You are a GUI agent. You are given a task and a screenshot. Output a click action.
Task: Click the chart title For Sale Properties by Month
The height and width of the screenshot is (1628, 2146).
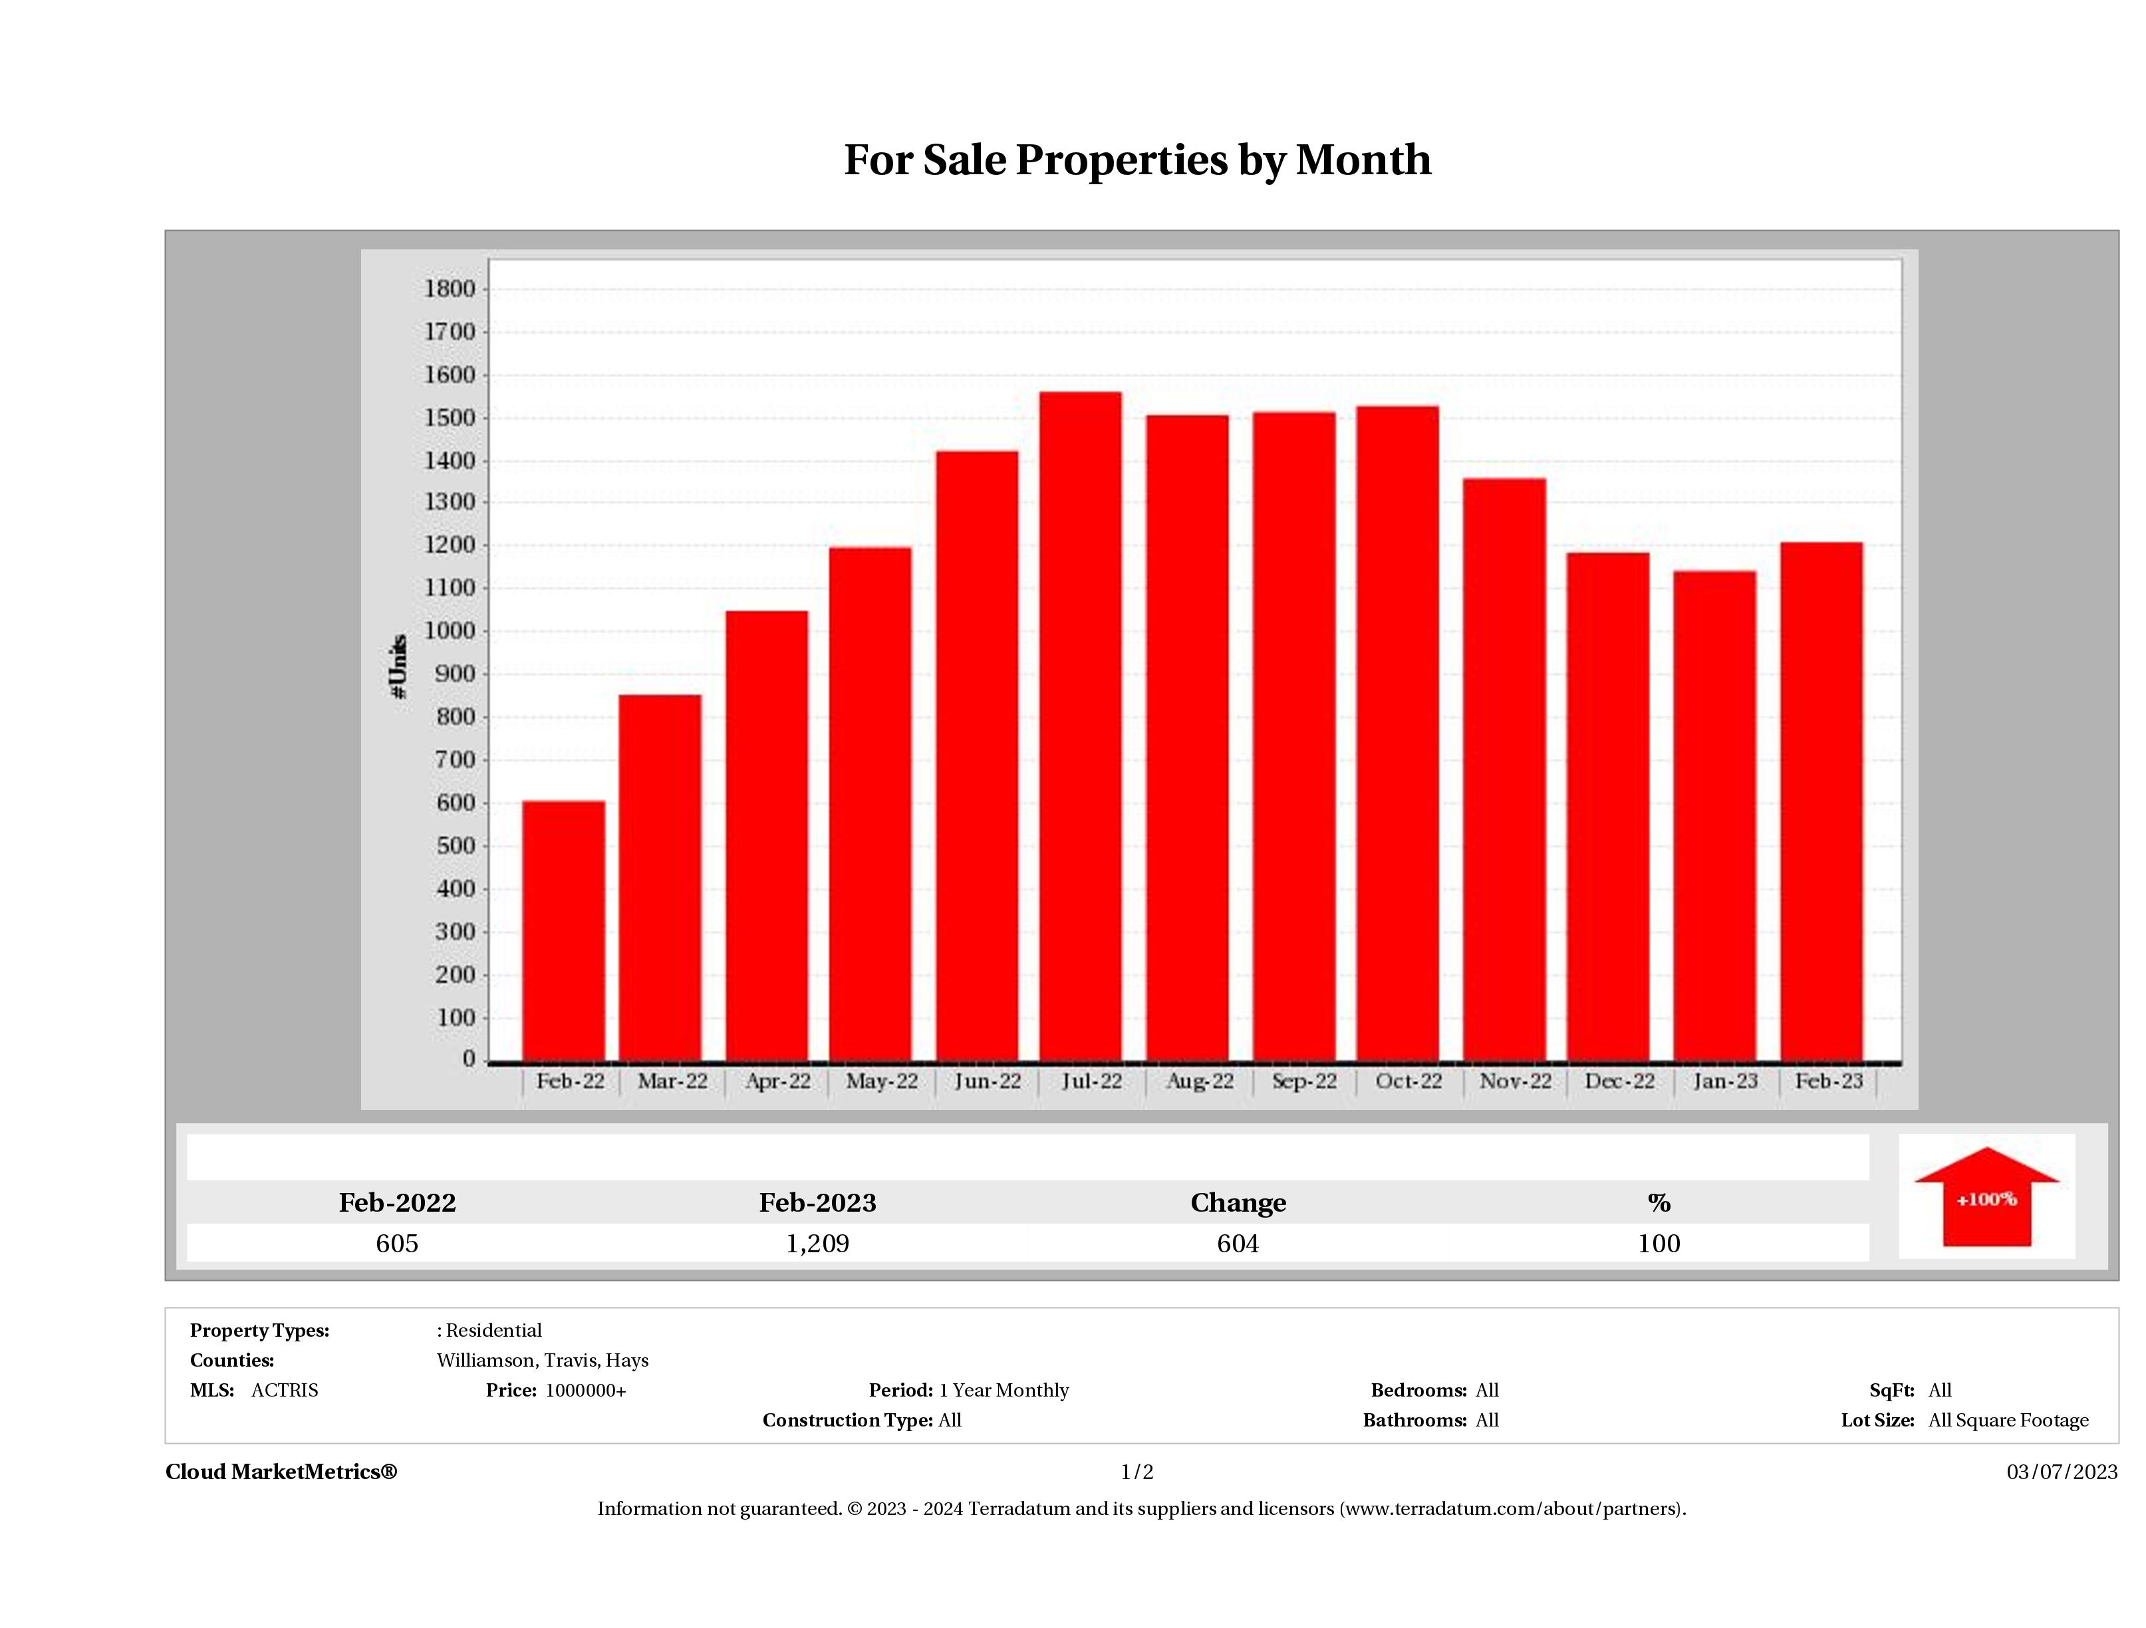pos(1137,160)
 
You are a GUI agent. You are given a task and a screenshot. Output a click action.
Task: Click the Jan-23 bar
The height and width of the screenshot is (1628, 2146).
pos(1714,815)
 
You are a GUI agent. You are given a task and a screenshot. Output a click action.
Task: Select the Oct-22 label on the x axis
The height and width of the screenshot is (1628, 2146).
pos(1408,1081)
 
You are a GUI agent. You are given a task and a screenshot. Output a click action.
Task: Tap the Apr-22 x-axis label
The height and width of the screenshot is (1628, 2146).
pos(777,1081)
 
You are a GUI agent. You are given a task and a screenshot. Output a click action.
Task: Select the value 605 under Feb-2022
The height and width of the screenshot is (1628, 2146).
pos(397,1243)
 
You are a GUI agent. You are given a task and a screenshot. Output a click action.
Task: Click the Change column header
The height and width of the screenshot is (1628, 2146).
pos(1238,1202)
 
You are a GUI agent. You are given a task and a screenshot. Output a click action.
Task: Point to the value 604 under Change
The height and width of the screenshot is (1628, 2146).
pos(1238,1243)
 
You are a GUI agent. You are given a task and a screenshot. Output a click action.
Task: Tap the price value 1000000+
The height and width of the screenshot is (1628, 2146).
pos(585,1391)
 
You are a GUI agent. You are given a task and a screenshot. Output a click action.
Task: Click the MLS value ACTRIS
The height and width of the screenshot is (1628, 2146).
pos(284,1391)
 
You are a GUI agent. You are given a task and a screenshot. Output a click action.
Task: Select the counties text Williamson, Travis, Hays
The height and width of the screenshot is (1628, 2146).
pos(543,1360)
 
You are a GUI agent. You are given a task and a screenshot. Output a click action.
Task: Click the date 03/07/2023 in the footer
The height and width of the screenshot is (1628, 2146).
pos(2062,1472)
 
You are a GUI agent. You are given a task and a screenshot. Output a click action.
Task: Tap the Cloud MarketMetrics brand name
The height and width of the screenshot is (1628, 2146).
pos(281,1472)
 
